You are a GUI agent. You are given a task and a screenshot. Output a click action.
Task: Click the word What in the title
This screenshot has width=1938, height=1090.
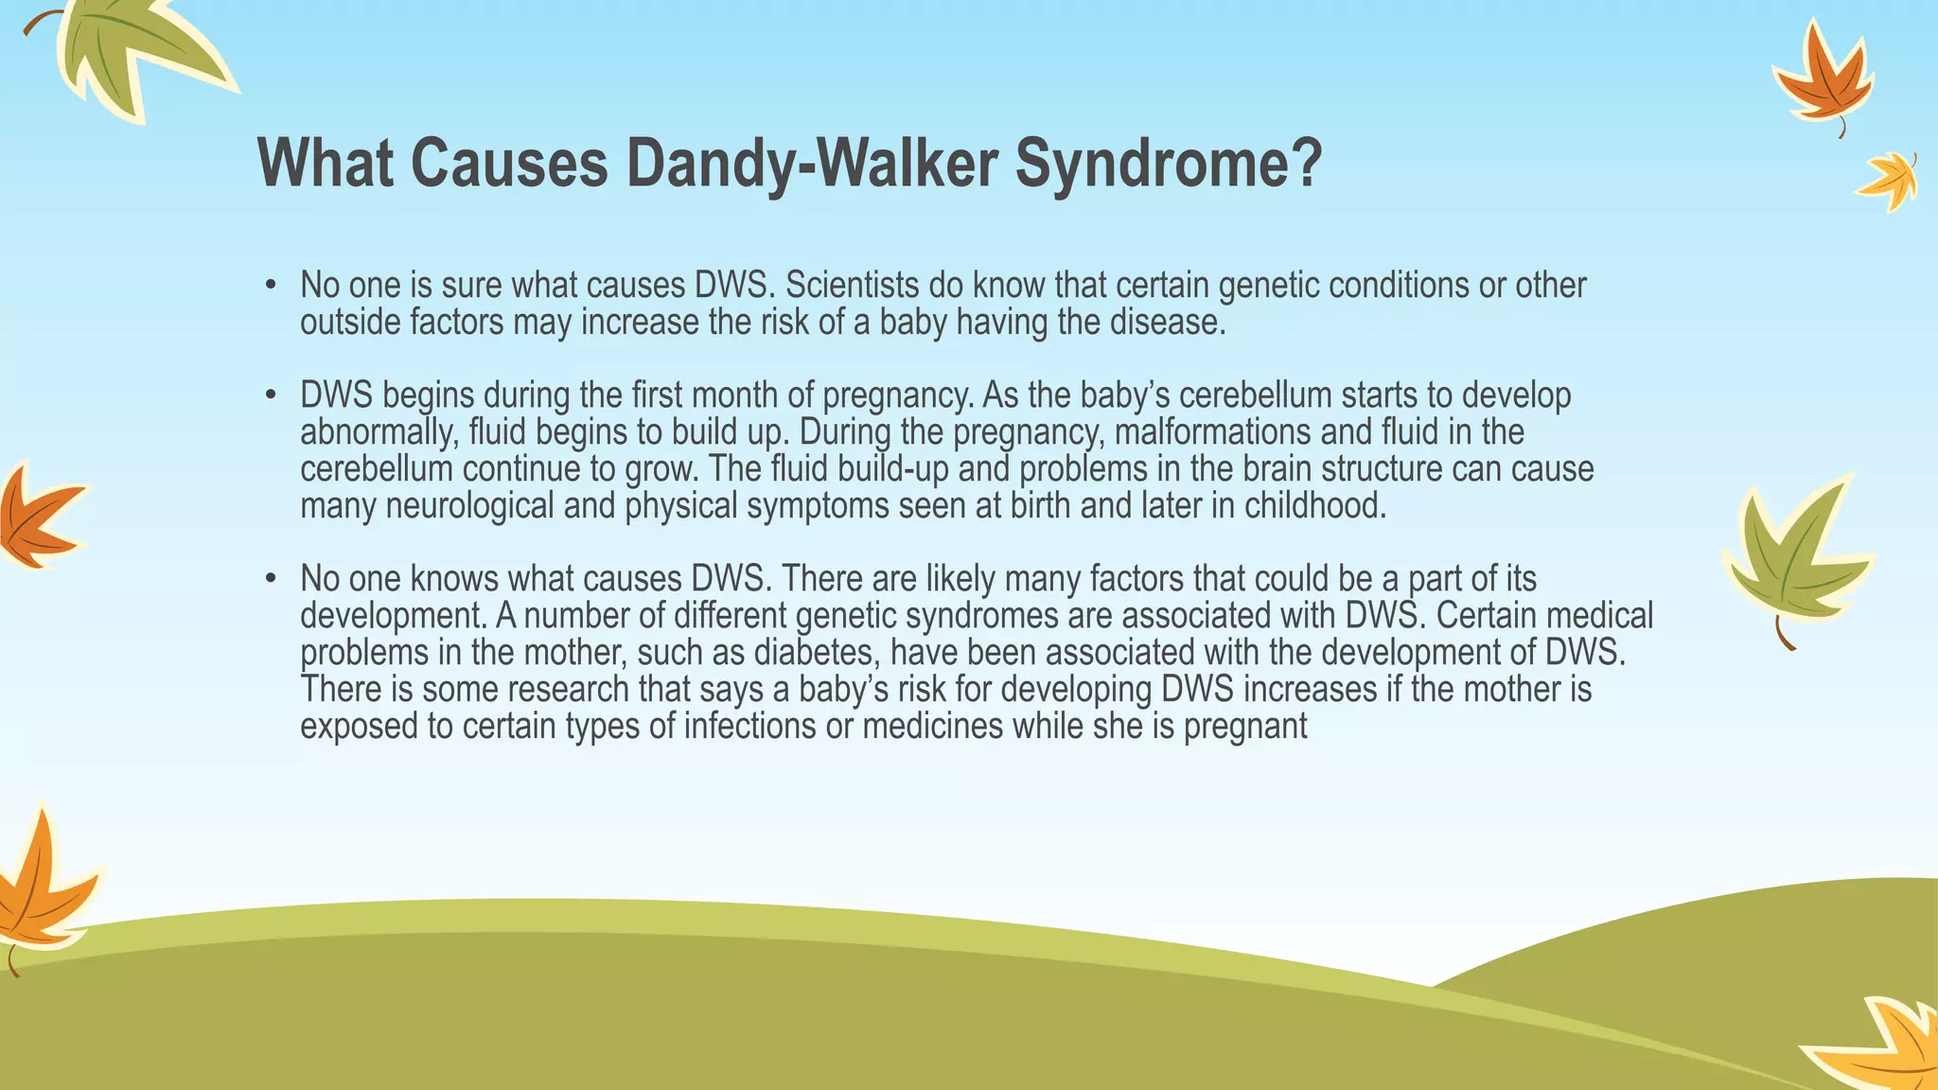pyautogui.click(x=325, y=164)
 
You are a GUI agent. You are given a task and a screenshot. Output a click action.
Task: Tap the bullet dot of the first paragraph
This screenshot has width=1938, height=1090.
pyautogui.click(x=271, y=286)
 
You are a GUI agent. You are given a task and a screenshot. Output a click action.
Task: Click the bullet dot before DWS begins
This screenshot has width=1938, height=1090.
pyautogui.click(x=271, y=396)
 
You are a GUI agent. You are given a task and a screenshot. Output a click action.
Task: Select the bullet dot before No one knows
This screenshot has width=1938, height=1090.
pyautogui.click(x=271, y=579)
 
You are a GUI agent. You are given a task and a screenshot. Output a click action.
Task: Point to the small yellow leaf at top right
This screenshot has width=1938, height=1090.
pyautogui.click(x=1889, y=181)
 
